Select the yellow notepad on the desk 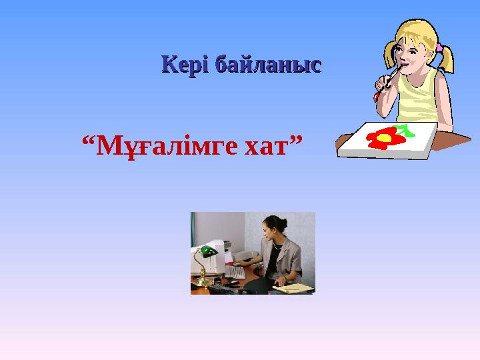pyautogui.click(x=293, y=287)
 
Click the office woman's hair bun pyautogui.click(x=283, y=222)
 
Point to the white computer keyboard pyautogui.click(x=235, y=272)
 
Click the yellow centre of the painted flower pyautogui.click(x=384, y=139)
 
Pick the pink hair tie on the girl pyautogui.click(x=440, y=47)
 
